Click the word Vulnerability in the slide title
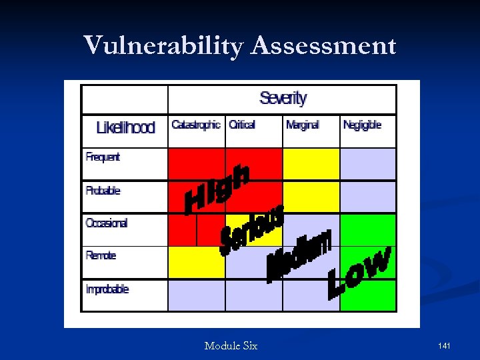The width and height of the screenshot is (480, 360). [x=164, y=46]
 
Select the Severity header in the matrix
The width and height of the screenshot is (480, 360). [x=283, y=99]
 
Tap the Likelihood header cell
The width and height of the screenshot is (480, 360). [x=125, y=127]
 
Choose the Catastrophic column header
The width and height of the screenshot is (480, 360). [x=196, y=125]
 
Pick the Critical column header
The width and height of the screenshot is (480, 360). [x=242, y=125]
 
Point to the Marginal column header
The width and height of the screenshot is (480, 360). [x=303, y=125]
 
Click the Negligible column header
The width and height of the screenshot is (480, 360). [x=362, y=125]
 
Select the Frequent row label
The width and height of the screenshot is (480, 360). [x=103, y=157]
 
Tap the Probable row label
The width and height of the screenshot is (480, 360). [x=103, y=191]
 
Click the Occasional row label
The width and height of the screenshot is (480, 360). [x=107, y=223]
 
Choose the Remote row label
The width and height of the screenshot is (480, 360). [x=101, y=255]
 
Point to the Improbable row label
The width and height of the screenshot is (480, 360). [x=107, y=289]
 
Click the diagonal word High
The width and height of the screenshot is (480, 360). [x=217, y=190]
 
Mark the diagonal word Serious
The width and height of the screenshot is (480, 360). [x=252, y=229]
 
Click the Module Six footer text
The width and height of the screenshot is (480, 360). [x=231, y=346]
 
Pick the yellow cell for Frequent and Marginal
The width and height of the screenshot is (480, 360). [x=311, y=164]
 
